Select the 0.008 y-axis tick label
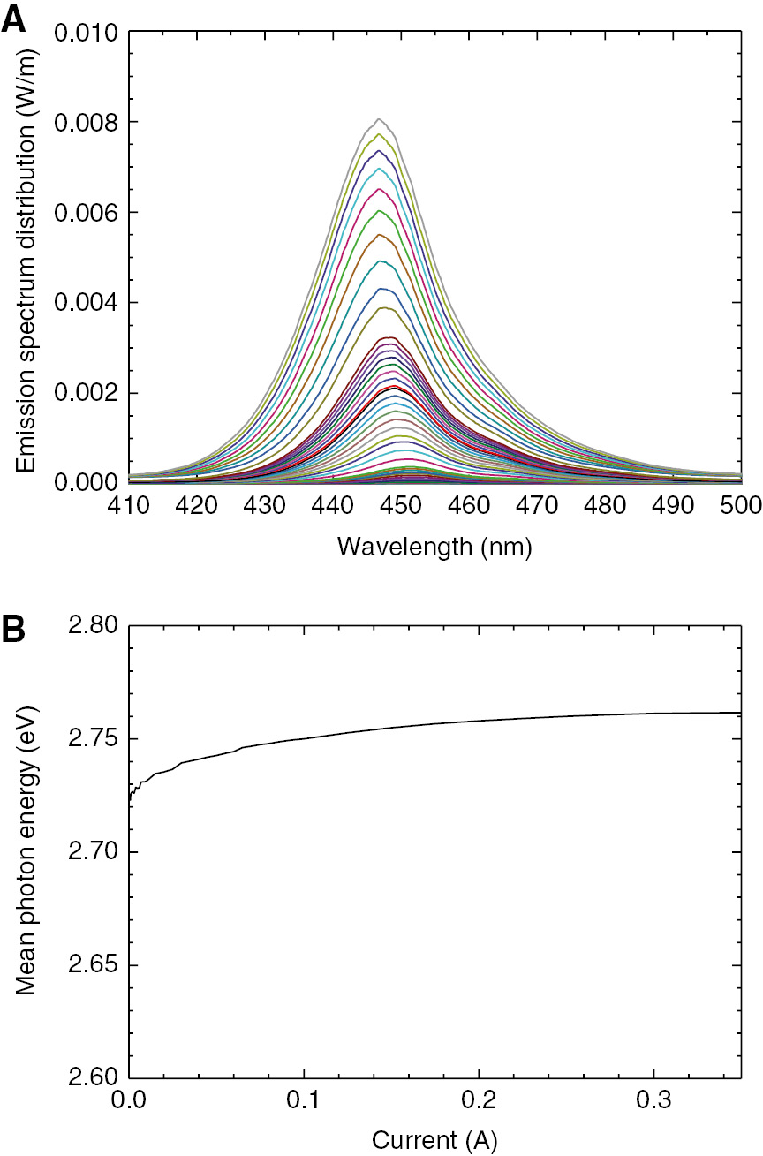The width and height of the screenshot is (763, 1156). (x=86, y=123)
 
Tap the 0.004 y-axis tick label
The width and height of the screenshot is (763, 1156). (x=86, y=303)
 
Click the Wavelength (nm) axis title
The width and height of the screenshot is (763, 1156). (x=434, y=548)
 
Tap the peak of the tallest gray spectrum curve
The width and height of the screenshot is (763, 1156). (x=379, y=119)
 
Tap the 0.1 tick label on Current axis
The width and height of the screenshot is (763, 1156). (x=304, y=1100)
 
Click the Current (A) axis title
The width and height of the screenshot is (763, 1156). (x=434, y=1141)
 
